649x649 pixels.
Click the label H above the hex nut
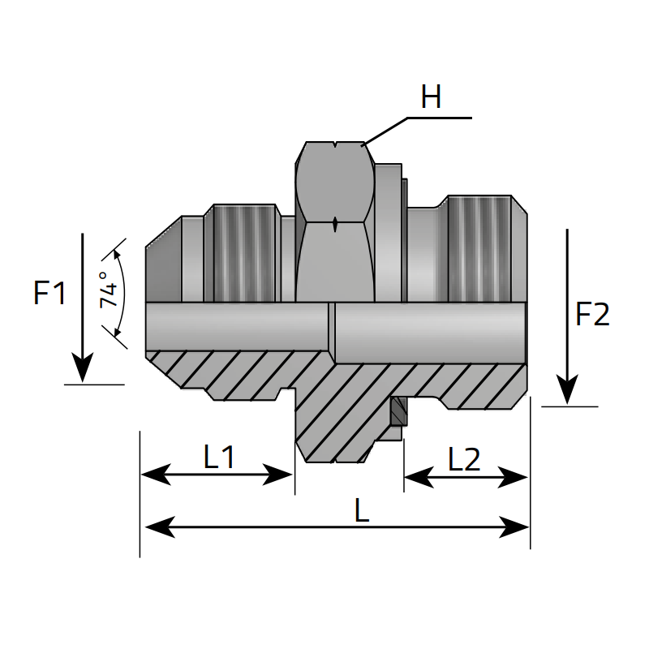tap(431, 97)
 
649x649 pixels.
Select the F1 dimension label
tap(49, 293)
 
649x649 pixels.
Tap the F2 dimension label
tap(592, 314)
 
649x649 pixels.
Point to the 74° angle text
tap(109, 290)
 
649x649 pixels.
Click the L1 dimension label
tap(219, 457)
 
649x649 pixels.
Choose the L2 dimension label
tap(464, 459)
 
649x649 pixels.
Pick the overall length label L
tap(362, 510)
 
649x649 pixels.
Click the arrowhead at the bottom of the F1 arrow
tap(83, 367)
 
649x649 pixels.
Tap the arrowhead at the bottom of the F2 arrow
tap(567, 389)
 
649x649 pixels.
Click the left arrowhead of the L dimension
tap(160, 527)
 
